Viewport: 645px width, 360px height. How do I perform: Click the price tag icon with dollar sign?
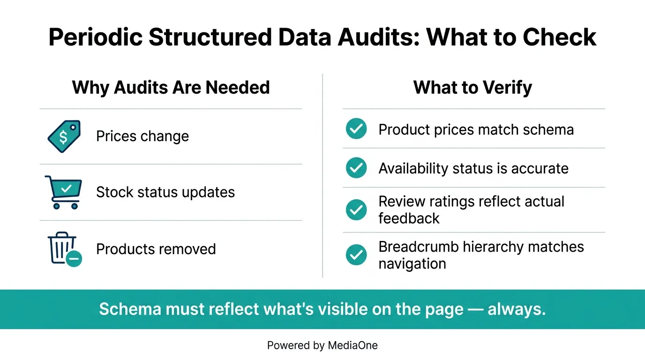click(x=64, y=136)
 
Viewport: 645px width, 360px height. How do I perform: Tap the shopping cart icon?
click(x=64, y=192)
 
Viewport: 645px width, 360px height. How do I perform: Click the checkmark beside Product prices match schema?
click(x=356, y=129)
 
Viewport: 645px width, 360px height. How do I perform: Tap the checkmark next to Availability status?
click(x=356, y=168)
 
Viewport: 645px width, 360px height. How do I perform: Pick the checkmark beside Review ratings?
click(x=356, y=210)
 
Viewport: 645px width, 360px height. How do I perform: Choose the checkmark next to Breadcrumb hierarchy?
click(x=356, y=255)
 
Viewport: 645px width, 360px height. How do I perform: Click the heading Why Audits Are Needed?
click(x=171, y=88)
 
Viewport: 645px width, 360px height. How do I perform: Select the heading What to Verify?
click(x=472, y=88)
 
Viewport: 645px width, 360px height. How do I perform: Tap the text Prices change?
click(x=142, y=136)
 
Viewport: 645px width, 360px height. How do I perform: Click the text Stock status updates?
click(x=165, y=192)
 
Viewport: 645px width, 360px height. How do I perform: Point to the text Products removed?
click(x=156, y=249)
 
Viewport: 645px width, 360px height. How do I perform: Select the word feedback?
click(x=409, y=218)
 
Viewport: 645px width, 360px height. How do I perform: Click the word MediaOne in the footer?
click(x=352, y=346)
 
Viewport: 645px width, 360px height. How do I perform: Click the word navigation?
click(x=412, y=263)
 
